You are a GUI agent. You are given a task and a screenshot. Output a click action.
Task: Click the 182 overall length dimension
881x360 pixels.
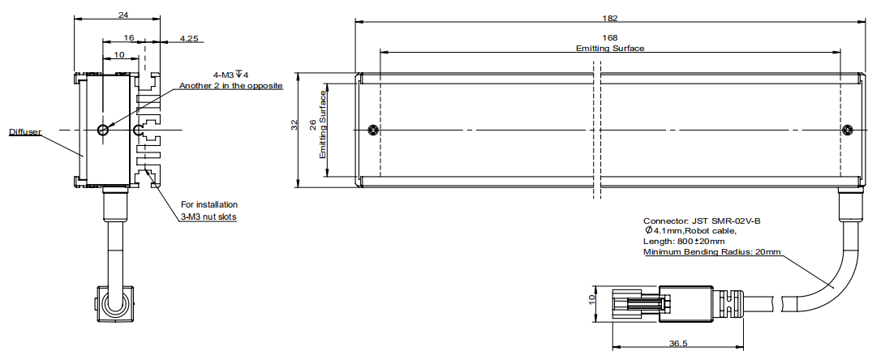tap(610, 18)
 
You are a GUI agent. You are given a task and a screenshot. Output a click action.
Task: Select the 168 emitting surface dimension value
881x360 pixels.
tap(610, 37)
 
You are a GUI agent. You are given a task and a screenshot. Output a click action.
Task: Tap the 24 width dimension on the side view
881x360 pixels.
tap(122, 14)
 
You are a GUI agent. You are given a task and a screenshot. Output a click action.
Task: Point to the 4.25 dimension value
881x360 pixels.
tap(188, 37)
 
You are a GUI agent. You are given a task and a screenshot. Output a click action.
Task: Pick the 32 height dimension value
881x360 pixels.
tap(294, 126)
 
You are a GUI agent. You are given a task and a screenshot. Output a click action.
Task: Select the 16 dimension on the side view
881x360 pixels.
tap(130, 37)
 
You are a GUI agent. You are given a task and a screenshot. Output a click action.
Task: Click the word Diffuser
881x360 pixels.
tap(25, 132)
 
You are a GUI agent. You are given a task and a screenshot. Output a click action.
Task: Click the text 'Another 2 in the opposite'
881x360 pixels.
tap(230, 86)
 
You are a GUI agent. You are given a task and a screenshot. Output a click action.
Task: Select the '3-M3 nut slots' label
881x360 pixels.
tap(209, 216)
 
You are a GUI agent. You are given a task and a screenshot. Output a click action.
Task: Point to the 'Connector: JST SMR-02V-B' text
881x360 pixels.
tap(702, 221)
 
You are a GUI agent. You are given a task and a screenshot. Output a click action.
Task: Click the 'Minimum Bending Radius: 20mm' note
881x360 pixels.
tap(711, 252)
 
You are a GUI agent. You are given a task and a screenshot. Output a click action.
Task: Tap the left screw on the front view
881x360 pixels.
tap(372, 131)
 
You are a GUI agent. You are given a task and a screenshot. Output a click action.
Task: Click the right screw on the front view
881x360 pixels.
tap(848, 131)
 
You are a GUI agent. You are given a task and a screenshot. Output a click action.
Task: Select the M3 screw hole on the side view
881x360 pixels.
tap(101, 130)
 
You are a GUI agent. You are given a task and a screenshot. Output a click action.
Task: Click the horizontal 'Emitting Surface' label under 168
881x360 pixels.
tap(610, 48)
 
